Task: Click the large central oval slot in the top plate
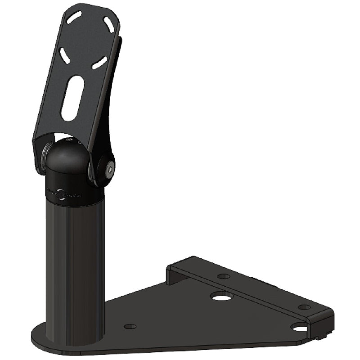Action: [x=72, y=98]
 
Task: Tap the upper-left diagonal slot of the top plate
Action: [x=74, y=18]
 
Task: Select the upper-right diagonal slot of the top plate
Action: [x=108, y=24]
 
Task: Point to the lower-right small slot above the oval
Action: [x=99, y=63]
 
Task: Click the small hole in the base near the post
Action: [x=130, y=326]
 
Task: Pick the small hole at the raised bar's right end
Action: [x=304, y=307]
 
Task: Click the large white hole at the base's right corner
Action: [x=300, y=327]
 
